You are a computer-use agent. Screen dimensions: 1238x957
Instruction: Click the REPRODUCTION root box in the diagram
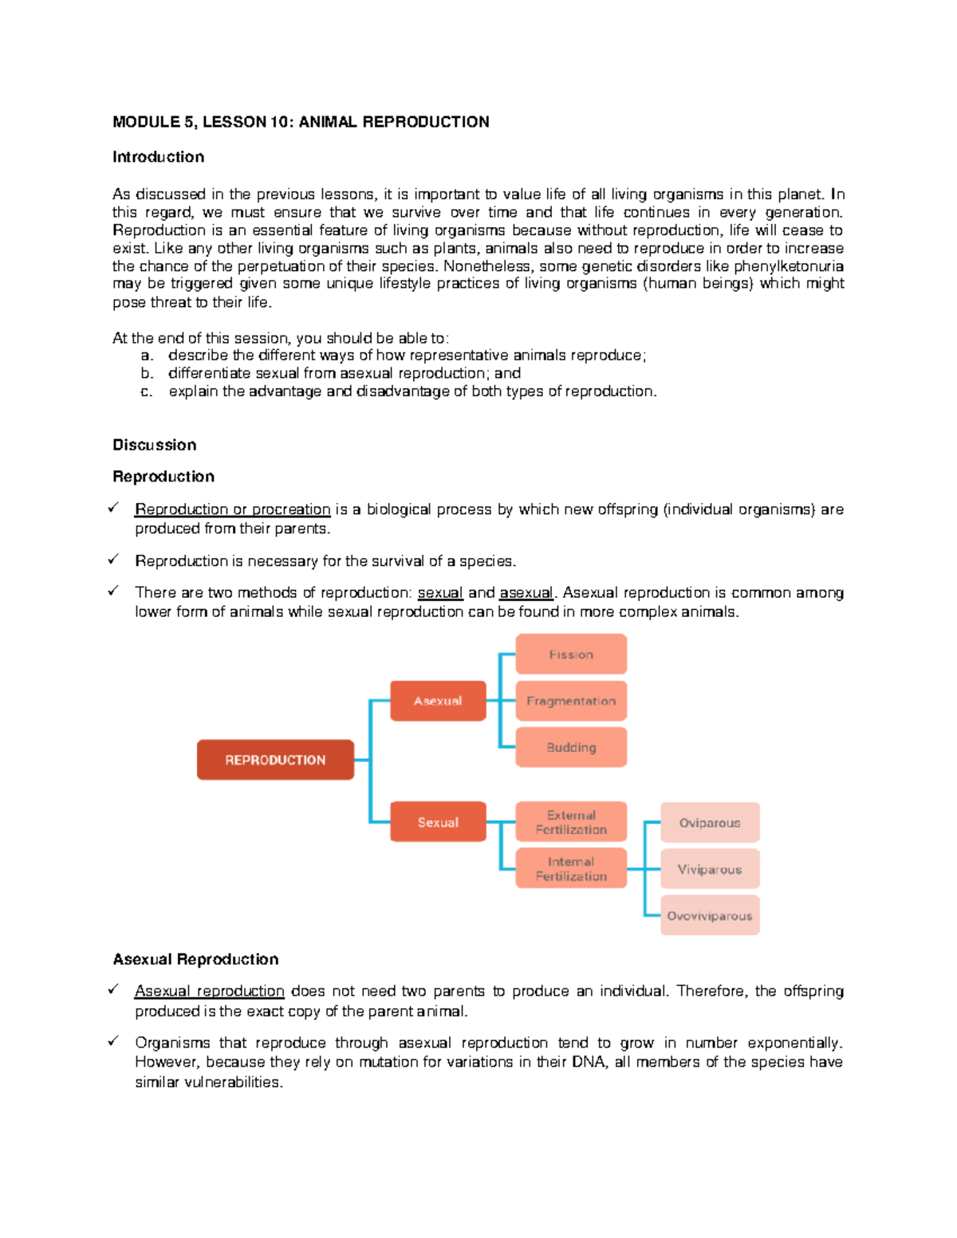275,760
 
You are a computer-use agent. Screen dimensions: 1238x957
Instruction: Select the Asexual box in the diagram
438,701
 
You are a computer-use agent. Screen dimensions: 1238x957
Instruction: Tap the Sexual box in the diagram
438,822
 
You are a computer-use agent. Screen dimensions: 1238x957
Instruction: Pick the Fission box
571,654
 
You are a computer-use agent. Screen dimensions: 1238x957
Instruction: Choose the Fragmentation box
571,701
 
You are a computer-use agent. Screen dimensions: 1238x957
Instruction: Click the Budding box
571,747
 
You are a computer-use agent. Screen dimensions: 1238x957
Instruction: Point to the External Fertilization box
571,822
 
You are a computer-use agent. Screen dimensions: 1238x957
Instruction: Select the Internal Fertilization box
571,868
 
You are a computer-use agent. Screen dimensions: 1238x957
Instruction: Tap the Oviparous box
710,823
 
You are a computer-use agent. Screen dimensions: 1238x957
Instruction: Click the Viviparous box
710,869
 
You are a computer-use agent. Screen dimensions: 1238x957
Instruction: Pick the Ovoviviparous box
710,916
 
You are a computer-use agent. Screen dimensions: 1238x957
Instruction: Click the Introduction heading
158,157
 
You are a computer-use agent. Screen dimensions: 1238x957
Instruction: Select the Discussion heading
154,445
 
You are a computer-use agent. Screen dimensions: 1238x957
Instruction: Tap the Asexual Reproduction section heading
195,959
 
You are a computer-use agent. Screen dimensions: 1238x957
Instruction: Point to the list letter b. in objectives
147,373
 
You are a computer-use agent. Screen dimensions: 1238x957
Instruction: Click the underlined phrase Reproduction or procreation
232,509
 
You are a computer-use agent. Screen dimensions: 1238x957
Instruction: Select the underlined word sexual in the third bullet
440,593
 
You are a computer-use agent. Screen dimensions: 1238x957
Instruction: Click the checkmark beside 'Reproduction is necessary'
114,560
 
